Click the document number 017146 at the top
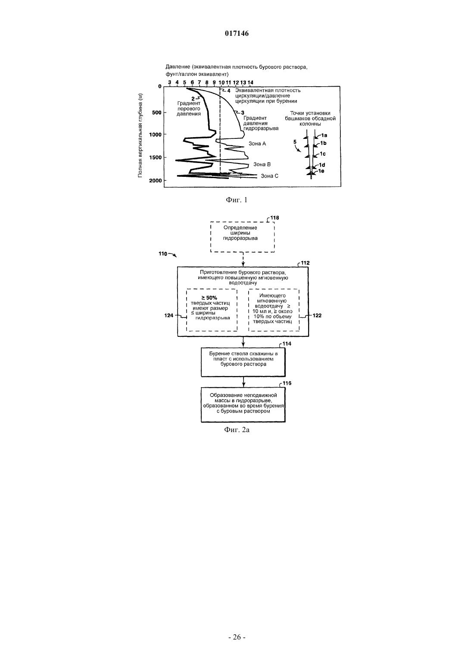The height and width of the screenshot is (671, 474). (x=237, y=33)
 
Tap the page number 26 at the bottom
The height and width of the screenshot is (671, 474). (x=237, y=645)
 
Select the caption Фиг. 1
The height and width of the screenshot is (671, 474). (x=237, y=200)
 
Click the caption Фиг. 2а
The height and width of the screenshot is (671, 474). (x=237, y=430)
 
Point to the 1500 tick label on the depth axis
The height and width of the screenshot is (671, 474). (x=155, y=157)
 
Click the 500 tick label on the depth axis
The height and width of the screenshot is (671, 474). (x=157, y=113)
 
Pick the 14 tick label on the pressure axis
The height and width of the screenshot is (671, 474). (x=250, y=82)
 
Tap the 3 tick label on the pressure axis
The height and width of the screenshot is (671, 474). (x=169, y=82)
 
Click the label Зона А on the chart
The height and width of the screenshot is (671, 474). (x=257, y=144)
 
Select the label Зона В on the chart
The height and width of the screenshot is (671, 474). (x=262, y=164)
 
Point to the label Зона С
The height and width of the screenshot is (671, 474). (x=269, y=176)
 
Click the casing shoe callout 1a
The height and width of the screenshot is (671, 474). (x=324, y=135)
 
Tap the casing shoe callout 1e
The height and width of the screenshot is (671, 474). (x=321, y=171)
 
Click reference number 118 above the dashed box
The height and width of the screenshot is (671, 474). (x=274, y=218)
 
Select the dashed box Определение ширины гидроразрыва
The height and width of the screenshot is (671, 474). (x=242, y=237)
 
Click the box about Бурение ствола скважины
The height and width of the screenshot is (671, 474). (x=243, y=362)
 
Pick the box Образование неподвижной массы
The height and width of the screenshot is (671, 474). (x=243, y=404)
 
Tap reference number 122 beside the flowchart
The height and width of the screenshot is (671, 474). (x=317, y=315)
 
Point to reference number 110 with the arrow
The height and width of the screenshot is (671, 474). (x=163, y=254)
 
